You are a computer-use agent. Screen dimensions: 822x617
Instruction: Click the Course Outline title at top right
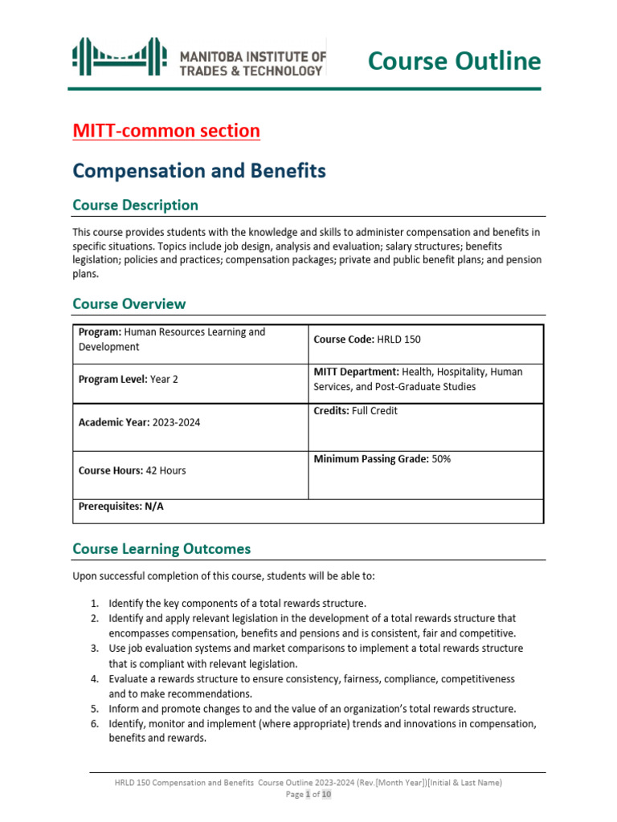454,60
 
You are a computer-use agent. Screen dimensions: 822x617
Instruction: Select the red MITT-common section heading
166,131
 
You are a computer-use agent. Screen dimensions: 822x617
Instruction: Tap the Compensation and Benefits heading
198,171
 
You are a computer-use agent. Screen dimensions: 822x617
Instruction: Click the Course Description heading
135,205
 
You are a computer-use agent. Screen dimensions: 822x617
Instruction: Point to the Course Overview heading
129,304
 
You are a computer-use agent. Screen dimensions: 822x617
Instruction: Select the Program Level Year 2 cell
190,379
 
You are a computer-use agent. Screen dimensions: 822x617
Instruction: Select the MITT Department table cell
426,379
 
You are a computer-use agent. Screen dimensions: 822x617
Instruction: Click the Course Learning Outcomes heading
161,550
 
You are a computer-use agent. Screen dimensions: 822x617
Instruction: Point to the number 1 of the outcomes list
93,603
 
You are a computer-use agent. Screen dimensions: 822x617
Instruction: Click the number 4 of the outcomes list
93,679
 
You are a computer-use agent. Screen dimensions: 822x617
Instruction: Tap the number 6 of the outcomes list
93,724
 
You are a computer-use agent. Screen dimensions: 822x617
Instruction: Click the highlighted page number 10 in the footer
326,795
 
